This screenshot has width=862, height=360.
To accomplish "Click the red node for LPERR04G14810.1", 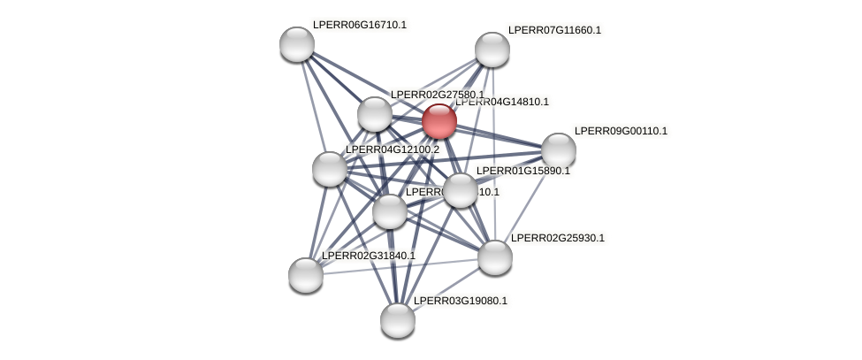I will pos(439,121).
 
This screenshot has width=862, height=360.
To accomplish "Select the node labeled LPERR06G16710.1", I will pos(297,44).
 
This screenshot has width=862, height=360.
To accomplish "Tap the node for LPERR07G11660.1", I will pos(492,50).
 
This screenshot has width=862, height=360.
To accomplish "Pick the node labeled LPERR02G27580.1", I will pos(375,114).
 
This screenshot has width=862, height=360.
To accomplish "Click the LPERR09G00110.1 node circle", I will pos(559,150).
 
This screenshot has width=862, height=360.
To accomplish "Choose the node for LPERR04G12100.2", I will pos(330,169).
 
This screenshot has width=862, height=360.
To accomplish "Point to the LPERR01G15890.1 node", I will pos(461,190).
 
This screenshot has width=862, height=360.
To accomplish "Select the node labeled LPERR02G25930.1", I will pos(495,257).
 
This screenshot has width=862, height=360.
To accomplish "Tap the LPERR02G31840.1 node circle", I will pos(306,275).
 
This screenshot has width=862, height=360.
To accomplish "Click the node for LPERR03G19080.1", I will pos(398,320).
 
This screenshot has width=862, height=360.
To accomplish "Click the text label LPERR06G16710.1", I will pos(359,25).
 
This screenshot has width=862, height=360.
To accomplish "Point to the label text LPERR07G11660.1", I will pos(554,30).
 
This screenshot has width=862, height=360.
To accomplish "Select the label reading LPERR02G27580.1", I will pos(437,95).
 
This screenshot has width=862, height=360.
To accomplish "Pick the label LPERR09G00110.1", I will pos(621,131).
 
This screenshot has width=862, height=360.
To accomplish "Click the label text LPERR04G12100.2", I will pos(392,149).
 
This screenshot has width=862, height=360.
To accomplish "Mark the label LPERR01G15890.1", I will pos(523,171).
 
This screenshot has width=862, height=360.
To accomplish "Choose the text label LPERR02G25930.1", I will pos(557,238).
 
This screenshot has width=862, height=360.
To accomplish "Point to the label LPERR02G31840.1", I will pos(368,256).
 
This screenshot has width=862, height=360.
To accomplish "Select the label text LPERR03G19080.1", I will pos(460,301).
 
